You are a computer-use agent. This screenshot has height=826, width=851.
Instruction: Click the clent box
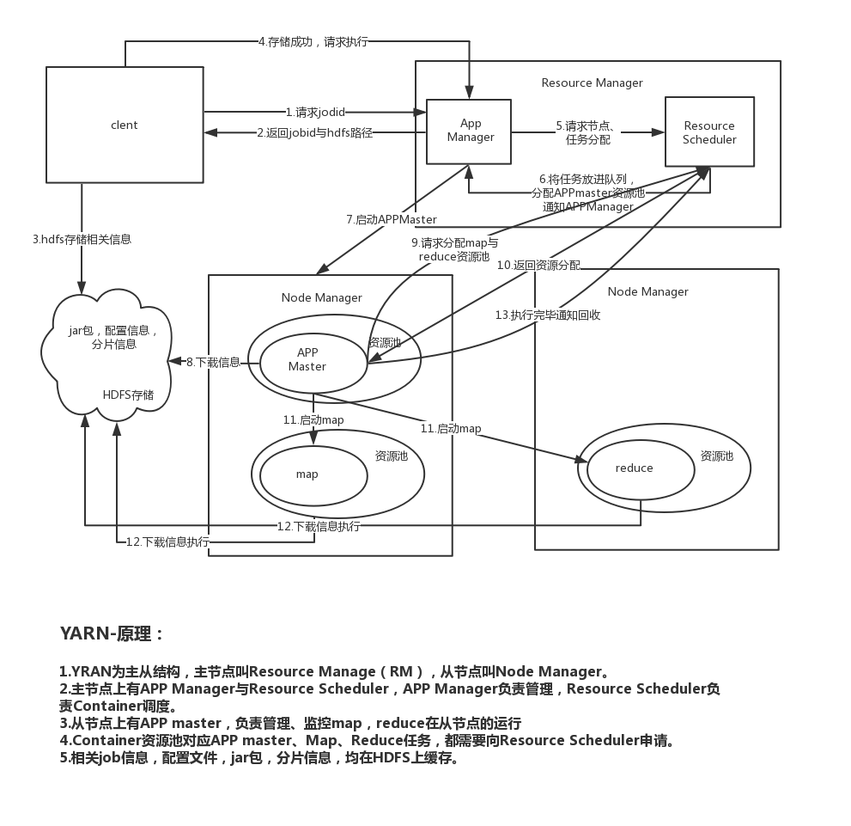click(x=125, y=125)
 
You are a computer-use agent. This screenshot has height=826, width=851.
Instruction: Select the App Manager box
click(x=471, y=131)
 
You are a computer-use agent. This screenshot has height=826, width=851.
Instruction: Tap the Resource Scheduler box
click(x=709, y=132)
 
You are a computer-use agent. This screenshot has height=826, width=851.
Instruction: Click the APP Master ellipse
click(x=307, y=359)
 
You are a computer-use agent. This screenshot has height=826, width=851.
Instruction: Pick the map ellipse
click(x=307, y=474)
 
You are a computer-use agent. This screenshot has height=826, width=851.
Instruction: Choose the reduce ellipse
click(x=635, y=468)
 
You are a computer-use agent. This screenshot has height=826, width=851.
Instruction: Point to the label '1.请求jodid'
click(x=315, y=112)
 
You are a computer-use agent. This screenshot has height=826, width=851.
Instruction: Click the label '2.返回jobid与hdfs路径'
click(x=314, y=133)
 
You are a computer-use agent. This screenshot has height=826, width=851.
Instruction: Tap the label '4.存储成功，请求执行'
click(x=313, y=41)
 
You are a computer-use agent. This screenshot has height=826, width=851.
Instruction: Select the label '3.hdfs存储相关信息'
click(x=82, y=240)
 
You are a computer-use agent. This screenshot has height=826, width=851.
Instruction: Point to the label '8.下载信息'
click(x=213, y=363)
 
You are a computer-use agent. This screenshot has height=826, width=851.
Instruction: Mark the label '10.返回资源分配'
click(x=538, y=265)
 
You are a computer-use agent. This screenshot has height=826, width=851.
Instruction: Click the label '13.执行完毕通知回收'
click(x=548, y=315)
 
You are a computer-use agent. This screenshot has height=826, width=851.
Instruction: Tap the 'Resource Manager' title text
click(x=592, y=83)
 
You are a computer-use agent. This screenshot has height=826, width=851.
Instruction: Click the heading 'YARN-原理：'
click(x=112, y=634)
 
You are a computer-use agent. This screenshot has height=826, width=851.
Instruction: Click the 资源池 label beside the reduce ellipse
click(x=716, y=456)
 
